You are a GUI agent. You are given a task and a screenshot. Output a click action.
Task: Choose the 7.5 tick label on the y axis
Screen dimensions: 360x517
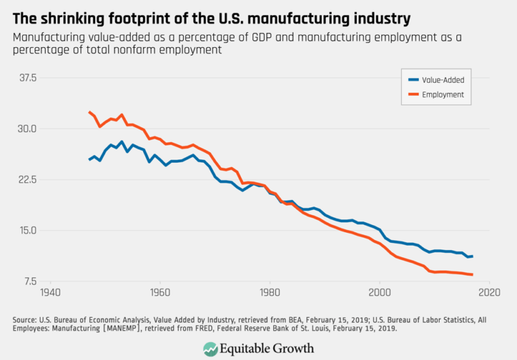point(29,281)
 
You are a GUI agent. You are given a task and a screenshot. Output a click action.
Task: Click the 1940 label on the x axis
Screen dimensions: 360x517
point(50,294)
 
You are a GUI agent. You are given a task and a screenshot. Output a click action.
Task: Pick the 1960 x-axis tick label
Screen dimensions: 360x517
point(160,294)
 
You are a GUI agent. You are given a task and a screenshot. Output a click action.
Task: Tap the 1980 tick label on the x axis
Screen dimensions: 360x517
point(269,294)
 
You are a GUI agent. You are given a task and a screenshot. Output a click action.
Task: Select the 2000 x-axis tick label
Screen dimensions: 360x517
point(379,294)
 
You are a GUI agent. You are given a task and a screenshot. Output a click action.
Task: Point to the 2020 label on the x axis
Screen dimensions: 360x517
point(489,294)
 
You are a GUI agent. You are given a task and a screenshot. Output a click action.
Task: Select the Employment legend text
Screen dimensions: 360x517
point(442,95)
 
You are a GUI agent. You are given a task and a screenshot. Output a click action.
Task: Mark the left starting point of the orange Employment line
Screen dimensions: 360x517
point(89,112)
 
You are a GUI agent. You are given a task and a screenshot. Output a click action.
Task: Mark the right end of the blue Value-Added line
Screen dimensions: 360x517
point(473,256)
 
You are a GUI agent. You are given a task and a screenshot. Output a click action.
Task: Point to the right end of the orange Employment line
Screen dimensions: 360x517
point(473,275)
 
